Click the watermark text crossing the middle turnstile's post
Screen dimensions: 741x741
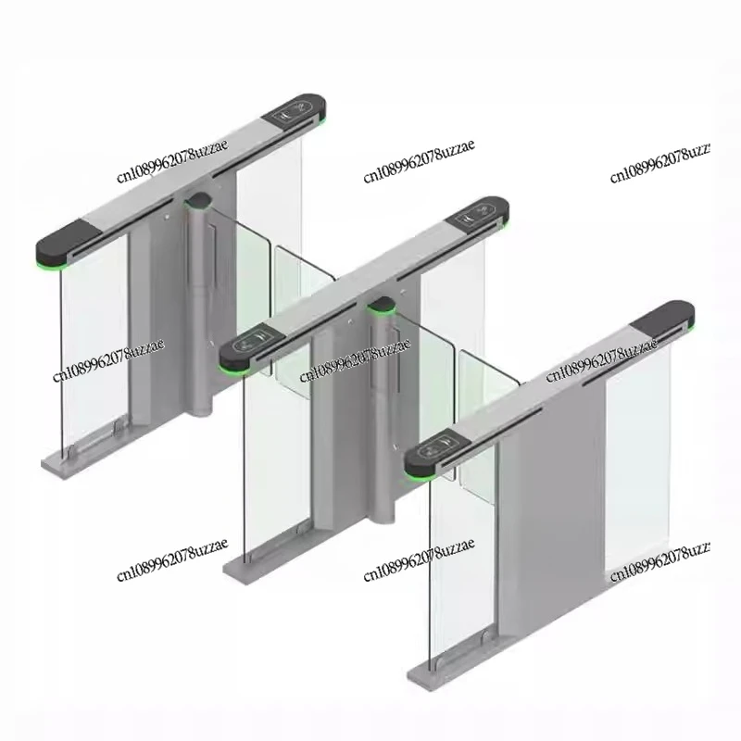click(355, 364)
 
